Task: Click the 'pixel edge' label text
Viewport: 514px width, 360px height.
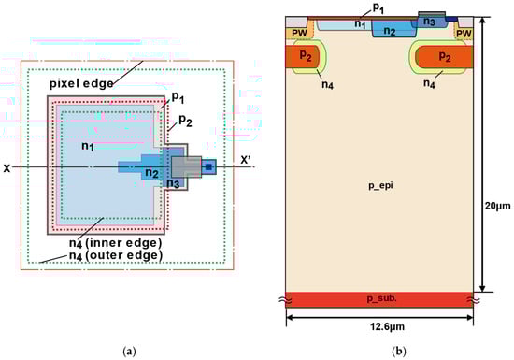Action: (81, 83)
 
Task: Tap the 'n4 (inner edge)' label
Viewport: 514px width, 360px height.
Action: (115, 243)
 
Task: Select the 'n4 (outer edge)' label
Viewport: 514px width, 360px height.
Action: (116, 255)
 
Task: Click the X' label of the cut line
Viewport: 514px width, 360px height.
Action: (246, 160)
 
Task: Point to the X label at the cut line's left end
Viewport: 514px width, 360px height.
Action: (7, 168)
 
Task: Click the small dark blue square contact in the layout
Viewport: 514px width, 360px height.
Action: (208, 167)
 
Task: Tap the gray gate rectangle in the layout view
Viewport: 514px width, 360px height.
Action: (186, 167)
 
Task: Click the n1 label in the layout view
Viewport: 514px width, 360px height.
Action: (88, 145)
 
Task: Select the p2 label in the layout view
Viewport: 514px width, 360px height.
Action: (185, 121)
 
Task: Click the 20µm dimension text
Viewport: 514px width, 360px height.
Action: (497, 206)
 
